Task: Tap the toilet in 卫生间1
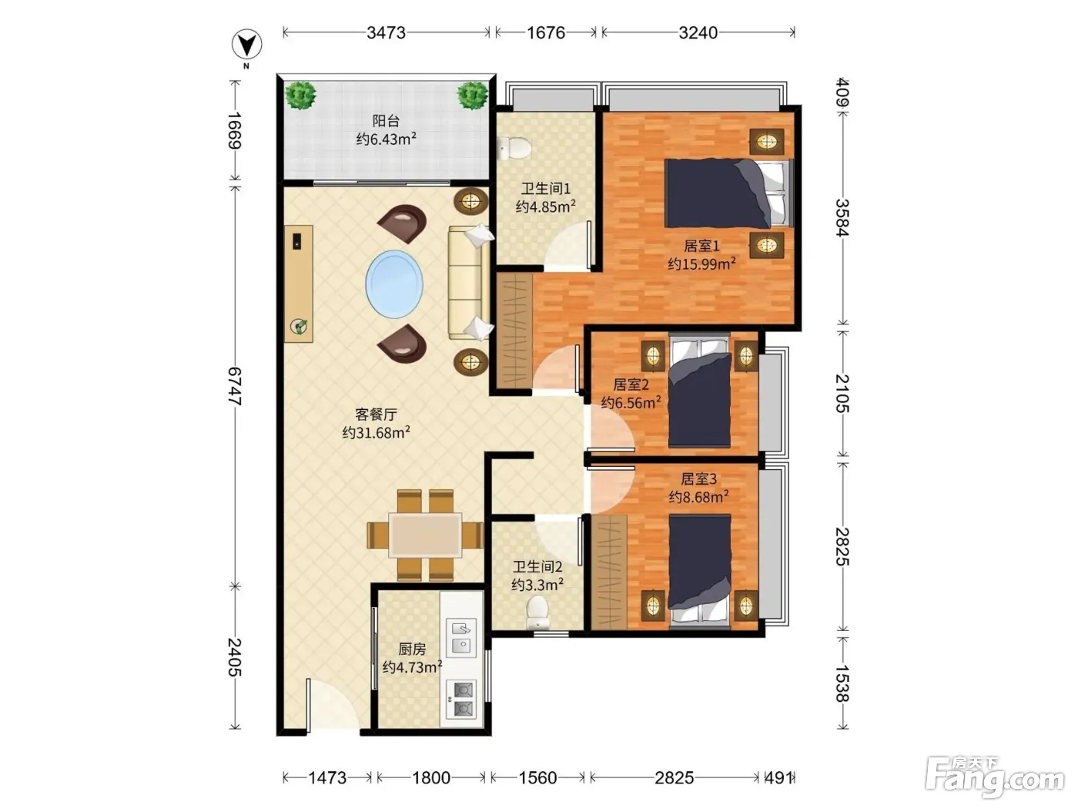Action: point(514,147)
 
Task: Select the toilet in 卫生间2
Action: point(537,612)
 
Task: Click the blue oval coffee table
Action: point(394,284)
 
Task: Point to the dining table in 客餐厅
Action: point(425,535)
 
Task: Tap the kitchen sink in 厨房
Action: point(461,638)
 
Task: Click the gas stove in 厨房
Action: point(461,700)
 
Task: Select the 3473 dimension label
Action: point(386,33)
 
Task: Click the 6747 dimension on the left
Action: point(235,386)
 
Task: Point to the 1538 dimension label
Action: point(842,683)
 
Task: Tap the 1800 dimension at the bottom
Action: point(430,777)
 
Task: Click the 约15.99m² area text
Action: point(701,264)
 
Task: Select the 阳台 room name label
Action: point(386,121)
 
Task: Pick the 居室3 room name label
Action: point(698,478)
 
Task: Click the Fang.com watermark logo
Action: point(995,776)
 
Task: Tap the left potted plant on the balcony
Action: point(300,96)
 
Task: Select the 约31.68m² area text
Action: point(377,433)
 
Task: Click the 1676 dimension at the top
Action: point(546,33)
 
